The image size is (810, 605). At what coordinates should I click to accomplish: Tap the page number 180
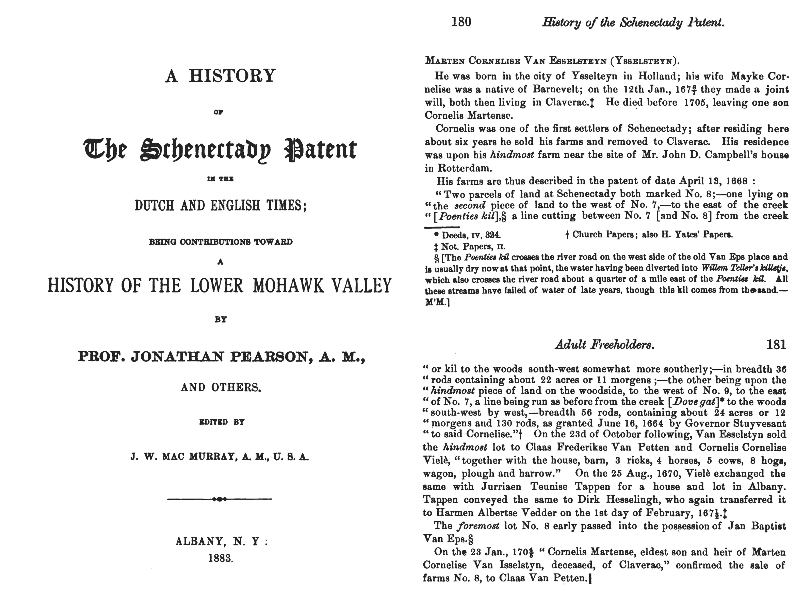click(x=461, y=22)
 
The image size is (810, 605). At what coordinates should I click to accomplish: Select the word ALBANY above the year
click(x=200, y=541)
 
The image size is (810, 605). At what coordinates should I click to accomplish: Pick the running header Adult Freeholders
click(x=605, y=345)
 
